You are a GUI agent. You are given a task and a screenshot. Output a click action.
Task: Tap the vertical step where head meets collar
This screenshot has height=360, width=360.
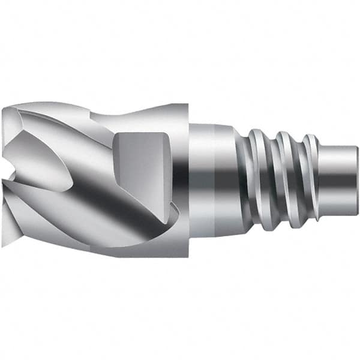[x=188, y=180]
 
